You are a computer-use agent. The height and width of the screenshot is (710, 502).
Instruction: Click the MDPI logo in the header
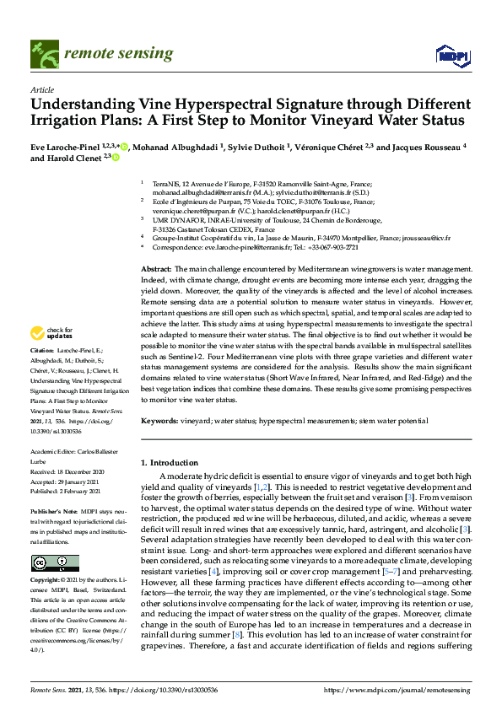[x=451, y=56]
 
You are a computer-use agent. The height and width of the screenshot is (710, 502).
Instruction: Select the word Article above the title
[x=41, y=89]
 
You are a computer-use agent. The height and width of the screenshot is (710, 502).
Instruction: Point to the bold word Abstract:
[x=154, y=267]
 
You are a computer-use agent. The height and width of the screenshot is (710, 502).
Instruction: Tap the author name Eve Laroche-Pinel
[x=65, y=146]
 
